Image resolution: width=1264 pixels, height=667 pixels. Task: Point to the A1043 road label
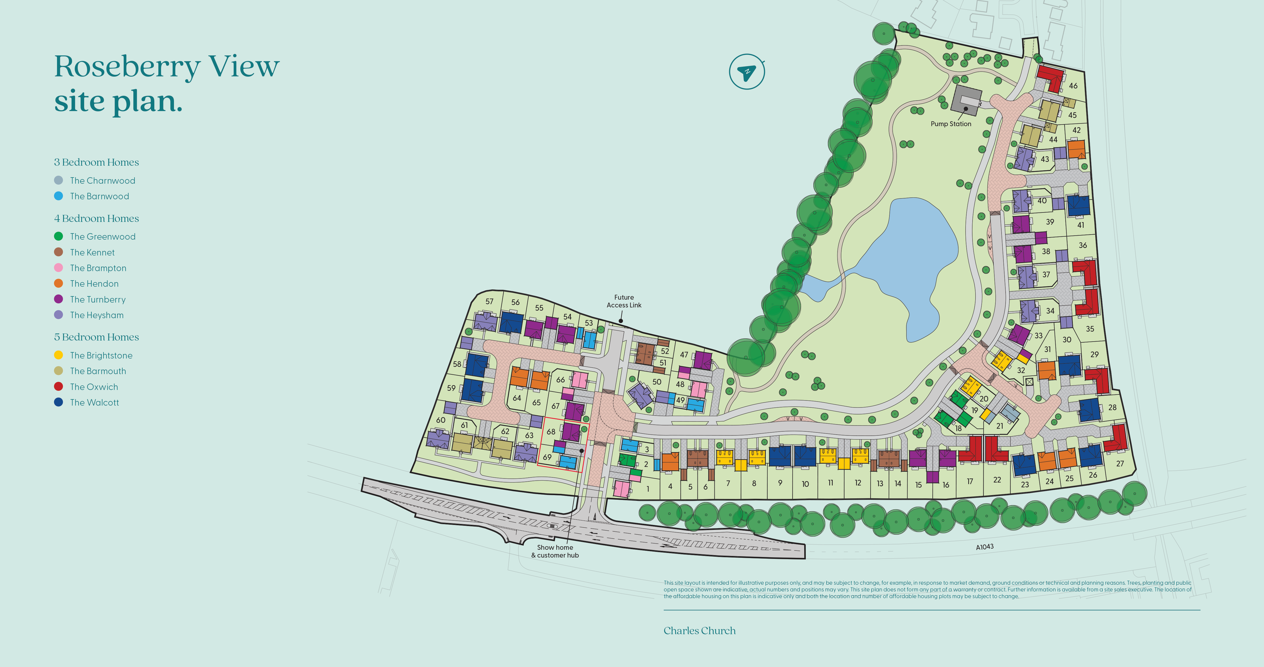click(984, 547)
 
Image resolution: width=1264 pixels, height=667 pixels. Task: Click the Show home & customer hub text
click(555, 551)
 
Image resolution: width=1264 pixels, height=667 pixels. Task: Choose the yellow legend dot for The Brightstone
click(58, 355)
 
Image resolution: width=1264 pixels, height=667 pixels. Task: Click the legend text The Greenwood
click(102, 237)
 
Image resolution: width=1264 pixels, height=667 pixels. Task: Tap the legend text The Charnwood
click(102, 181)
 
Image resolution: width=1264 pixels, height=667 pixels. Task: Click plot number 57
click(489, 301)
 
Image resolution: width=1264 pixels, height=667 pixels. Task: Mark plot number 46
click(1073, 86)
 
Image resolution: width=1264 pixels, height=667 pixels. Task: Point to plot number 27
click(1120, 463)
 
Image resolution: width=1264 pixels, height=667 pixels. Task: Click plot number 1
click(648, 489)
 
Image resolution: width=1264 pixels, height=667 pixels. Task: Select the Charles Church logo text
click(699, 631)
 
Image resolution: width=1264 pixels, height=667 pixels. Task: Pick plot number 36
click(1083, 245)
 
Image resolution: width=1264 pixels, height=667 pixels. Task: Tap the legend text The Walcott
click(94, 402)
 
